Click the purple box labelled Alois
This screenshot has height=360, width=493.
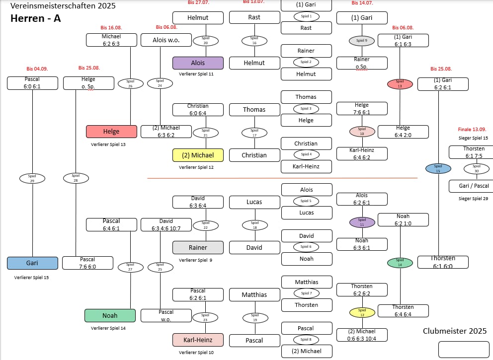pos(198,63)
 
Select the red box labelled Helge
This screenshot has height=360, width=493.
pos(111,132)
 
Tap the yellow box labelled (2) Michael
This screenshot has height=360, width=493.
pos(198,155)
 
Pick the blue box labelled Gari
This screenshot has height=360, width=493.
pos(32,263)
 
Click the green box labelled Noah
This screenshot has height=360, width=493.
pos(110,315)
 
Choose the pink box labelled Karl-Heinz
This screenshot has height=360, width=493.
pos(198,340)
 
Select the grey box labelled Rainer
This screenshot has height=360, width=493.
pos(198,247)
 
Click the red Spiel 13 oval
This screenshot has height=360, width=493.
pos(400,84)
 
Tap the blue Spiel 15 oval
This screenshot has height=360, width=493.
pos(438,168)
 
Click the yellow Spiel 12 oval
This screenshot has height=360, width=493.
pos(362,312)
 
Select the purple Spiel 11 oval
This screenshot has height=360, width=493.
pos(362,222)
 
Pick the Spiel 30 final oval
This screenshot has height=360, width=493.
pos(477,169)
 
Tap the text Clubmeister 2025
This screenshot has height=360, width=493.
pos(455,331)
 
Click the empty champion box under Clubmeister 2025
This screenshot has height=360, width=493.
pos(464,349)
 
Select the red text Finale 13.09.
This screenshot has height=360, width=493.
pos(472,130)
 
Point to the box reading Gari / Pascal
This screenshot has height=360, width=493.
pos(471,186)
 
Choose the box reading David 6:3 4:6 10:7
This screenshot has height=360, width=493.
pos(166,224)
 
